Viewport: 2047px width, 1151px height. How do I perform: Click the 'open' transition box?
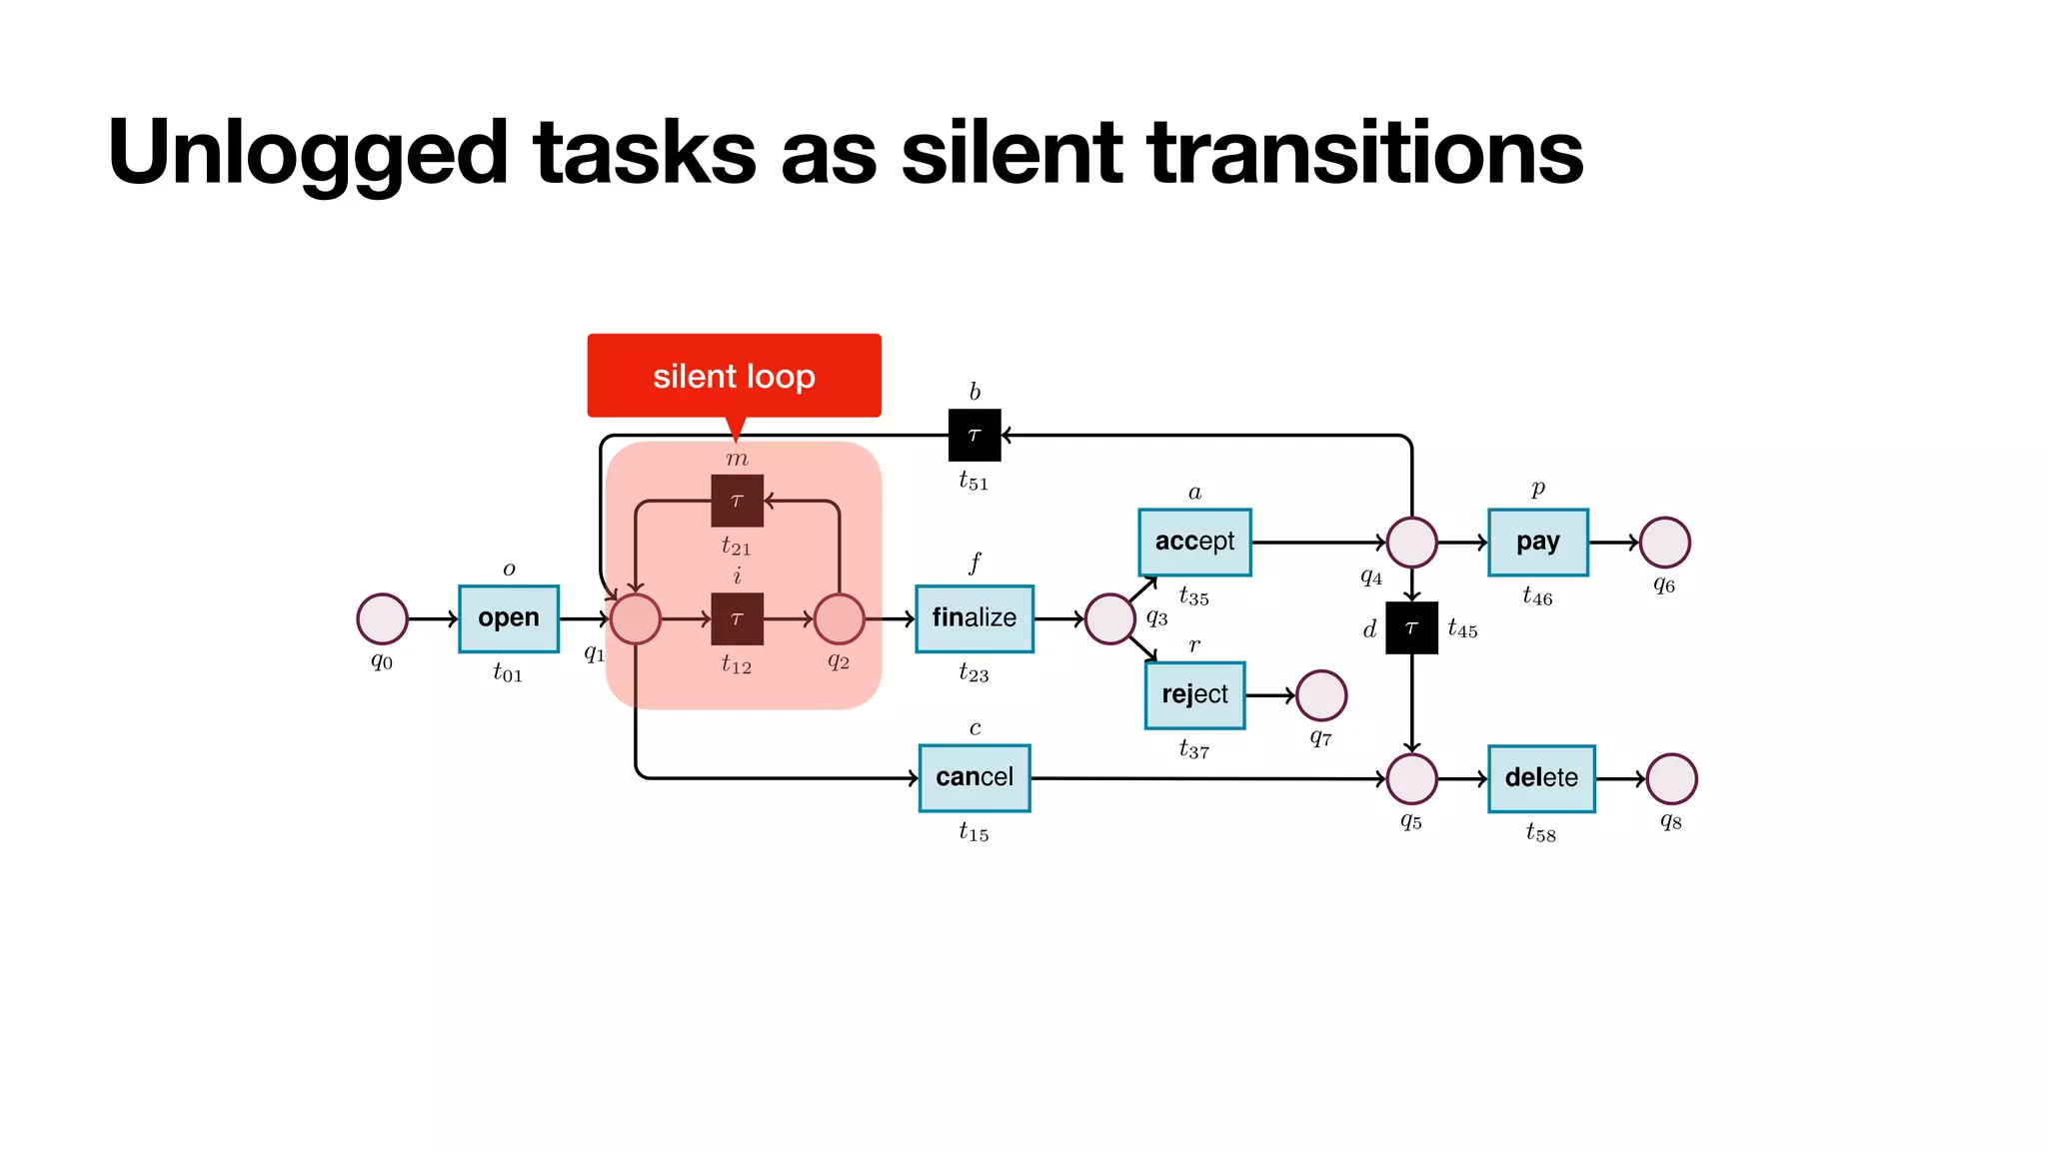coord(508,618)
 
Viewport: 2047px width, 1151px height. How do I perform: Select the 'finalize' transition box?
coord(974,618)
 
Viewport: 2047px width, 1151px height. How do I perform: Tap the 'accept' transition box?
coord(1194,542)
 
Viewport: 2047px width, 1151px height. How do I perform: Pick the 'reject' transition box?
coord(1194,694)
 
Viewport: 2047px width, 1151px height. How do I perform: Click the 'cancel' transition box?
coord(974,777)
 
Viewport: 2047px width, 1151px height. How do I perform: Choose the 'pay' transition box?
coord(1537,542)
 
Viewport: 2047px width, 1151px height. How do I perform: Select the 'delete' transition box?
coord(1540,778)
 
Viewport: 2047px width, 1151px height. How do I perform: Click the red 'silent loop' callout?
coord(734,376)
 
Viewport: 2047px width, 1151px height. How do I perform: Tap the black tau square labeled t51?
coord(974,435)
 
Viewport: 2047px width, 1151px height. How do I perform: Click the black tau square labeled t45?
coord(1411,627)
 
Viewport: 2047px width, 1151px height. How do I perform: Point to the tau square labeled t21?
coord(737,501)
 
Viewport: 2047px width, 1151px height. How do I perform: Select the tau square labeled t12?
coord(737,618)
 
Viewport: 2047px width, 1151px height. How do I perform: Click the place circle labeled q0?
coord(382,618)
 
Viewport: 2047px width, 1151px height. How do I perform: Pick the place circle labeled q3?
coord(1109,618)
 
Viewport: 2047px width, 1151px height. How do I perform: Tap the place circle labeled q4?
coord(1411,543)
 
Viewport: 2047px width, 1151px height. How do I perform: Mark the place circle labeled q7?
coord(1320,695)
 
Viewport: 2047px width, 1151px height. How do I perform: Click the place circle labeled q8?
coord(1671,778)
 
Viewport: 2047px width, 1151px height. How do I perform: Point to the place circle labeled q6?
coord(1664,543)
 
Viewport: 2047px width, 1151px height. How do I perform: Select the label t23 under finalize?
coord(974,672)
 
